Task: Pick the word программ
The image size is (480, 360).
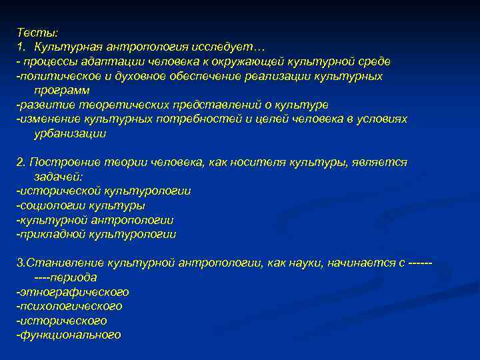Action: (62, 90)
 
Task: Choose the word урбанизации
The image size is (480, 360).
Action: (70, 133)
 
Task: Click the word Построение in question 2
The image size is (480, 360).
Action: (61, 162)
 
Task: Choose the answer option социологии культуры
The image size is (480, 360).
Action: (81, 205)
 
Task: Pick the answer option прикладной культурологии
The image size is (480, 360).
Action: (97, 234)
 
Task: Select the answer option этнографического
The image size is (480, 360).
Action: (73, 292)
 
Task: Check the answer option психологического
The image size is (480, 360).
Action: (70, 306)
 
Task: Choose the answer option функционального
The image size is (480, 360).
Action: (69, 335)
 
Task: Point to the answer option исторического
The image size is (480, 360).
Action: (62, 321)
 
